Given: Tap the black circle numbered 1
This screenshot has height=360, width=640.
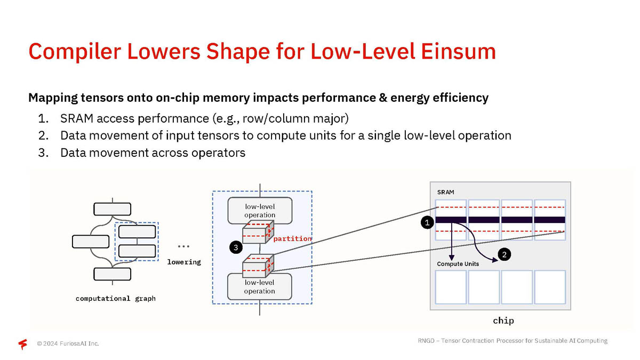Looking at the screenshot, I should click(x=427, y=223).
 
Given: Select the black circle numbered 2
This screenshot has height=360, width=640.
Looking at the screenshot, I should click(x=505, y=255).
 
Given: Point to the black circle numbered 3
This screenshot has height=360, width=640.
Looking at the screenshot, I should click(x=235, y=247).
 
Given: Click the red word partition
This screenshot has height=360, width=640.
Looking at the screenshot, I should click(x=292, y=238).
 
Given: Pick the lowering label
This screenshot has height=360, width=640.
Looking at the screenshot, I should click(x=184, y=262).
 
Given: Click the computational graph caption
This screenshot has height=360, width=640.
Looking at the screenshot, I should click(x=116, y=298).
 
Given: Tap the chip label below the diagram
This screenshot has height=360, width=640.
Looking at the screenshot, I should click(x=503, y=321).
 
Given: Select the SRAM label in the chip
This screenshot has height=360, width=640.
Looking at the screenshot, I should click(x=446, y=192).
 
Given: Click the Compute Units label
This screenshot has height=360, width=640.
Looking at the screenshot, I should click(x=458, y=264).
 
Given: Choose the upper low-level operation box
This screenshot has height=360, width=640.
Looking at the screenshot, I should click(x=260, y=211).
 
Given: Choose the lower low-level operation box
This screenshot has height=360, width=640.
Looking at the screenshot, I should click(x=260, y=287).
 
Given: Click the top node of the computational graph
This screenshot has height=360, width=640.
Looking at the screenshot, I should click(x=112, y=209).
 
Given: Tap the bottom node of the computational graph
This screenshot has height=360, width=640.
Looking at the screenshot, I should click(x=112, y=274).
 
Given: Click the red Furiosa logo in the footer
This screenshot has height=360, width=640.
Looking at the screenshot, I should click(x=23, y=344).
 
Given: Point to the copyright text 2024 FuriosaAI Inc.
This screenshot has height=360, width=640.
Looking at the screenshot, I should click(x=68, y=343).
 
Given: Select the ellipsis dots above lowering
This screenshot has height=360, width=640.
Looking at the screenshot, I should click(x=184, y=247).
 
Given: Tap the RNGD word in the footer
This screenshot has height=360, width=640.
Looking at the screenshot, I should click(x=426, y=341).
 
